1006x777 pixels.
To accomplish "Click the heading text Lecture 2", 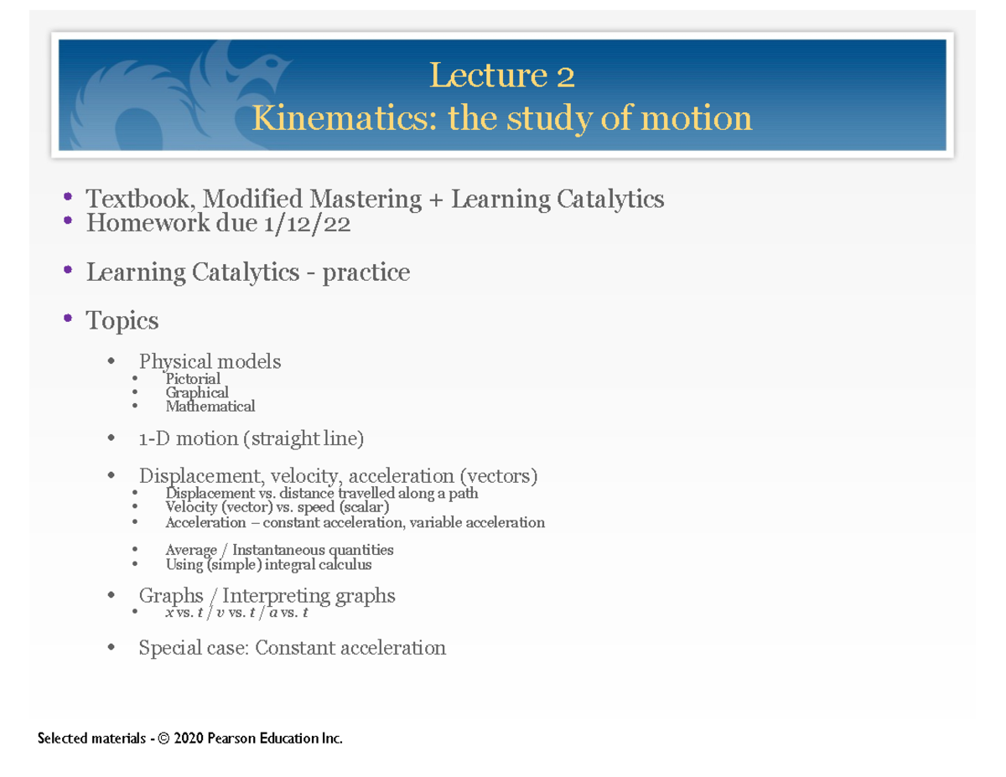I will point(501,76).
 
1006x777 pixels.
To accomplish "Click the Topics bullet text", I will point(122,321).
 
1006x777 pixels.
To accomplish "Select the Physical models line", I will point(210,362).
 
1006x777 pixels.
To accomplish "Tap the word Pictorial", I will point(193,379).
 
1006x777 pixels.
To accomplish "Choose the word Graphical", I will point(196,392).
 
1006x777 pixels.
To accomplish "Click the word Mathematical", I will point(210,407).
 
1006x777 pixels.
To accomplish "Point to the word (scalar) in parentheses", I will point(363,507).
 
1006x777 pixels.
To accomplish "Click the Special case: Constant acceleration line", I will point(292,648).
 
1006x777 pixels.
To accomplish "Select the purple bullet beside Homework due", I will point(68,221).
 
